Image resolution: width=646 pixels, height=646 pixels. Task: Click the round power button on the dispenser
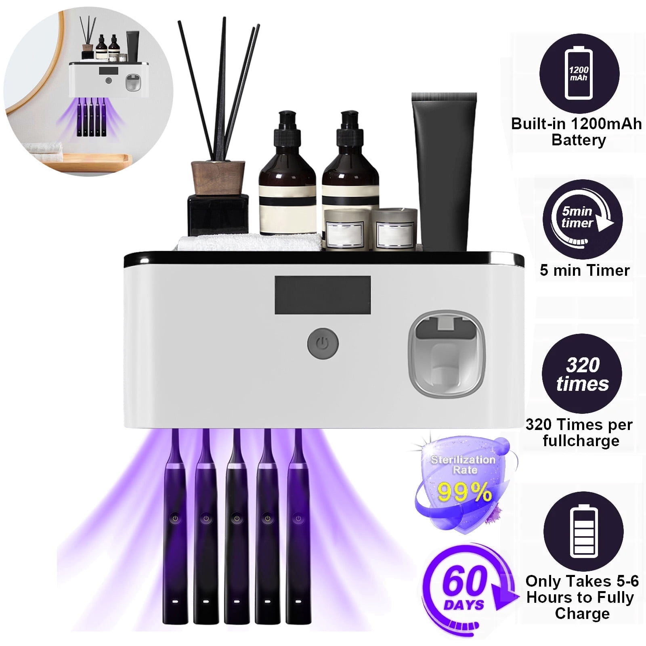pos(322,344)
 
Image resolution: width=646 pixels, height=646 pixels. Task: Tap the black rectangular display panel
pos(323,295)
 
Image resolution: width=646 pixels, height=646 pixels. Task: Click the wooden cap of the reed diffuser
pos(218,178)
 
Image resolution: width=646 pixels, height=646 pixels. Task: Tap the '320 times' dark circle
pos(582,374)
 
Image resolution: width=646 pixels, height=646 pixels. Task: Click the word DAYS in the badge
pos(464,605)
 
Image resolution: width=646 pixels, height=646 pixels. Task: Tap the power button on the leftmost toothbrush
pos(175,518)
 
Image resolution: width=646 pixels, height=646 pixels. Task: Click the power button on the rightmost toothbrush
pos(298,518)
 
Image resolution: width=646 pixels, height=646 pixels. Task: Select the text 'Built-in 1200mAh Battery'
pos(576,132)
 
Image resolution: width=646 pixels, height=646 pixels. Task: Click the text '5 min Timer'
pos(584,270)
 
